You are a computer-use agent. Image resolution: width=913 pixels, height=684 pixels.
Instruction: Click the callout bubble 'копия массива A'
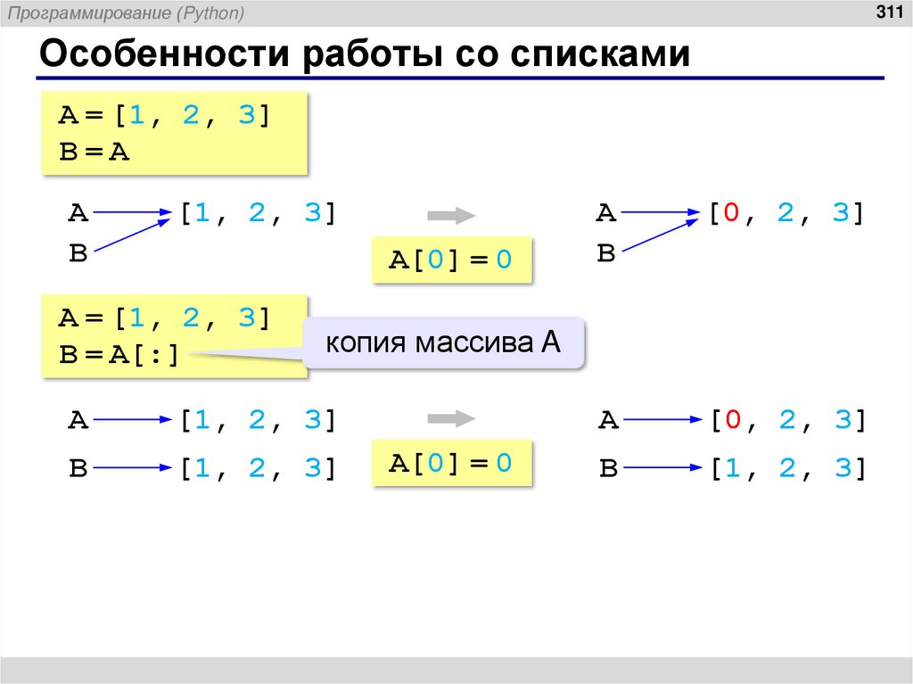pos(443,342)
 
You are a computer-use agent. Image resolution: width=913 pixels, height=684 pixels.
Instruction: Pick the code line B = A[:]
pos(119,355)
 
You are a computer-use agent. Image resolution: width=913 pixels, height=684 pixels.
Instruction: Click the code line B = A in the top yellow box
pos(95,152)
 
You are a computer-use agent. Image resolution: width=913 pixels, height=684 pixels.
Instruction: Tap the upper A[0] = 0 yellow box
pos(451,260)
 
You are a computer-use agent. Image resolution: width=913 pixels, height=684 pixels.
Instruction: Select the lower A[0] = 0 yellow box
pos(451,463)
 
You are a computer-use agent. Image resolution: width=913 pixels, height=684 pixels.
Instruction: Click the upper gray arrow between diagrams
pos(450,215)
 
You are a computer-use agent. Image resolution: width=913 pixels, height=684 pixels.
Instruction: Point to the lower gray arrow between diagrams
pos(450,418)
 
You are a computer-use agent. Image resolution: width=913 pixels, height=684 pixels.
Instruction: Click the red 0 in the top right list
pos(728,214)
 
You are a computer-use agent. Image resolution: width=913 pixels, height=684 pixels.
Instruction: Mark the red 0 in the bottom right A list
pos(728,420)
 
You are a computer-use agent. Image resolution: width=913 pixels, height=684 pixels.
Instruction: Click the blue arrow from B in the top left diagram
pos(132,235)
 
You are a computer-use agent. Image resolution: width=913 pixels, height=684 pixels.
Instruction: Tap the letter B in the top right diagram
pos(606,254)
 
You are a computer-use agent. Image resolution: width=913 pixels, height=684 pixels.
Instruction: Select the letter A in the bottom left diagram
pos(78,420)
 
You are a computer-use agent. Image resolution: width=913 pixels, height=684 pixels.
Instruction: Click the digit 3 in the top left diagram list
pos(312,214)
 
